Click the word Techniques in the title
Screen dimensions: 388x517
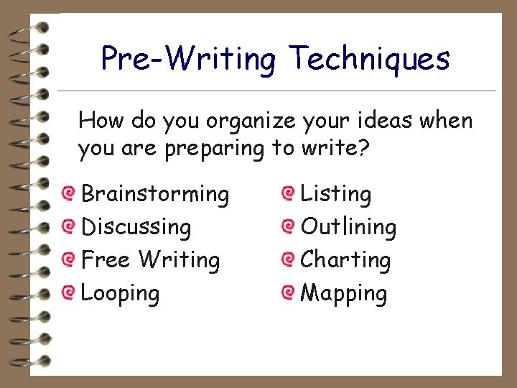pos(370,59)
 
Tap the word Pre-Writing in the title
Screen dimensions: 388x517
pos(188,59)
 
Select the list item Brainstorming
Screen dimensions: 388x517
pos(155,194)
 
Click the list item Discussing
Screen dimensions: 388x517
pos(136,227)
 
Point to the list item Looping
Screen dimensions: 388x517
pos(121,293)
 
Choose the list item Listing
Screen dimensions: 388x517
pos(335,194)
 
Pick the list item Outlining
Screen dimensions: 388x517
pos(348,227)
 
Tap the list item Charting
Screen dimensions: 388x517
pos(345,260)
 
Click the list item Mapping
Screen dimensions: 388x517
pos(344,293)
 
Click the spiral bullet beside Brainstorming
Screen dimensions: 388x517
pos(68,193)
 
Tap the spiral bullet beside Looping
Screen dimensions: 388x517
pos(68,292)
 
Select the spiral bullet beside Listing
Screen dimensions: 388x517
pos(288,193)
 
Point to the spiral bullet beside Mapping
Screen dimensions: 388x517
pos(288,292)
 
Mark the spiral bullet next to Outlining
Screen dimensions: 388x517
pos(288,226)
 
